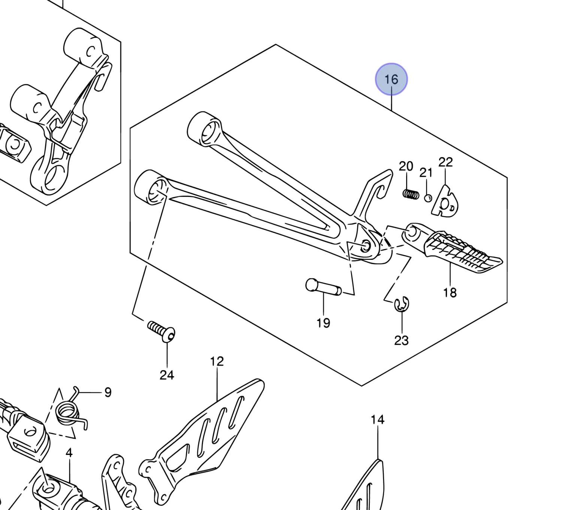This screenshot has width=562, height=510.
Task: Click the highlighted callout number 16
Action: click(391, 79)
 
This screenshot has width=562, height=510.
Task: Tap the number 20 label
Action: click(406, 166)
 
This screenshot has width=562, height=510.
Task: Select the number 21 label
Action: click(426, 173)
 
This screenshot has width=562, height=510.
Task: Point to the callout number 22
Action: click(445, 162)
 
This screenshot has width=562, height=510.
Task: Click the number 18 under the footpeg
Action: click(450, 292)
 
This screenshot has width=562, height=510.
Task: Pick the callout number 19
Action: click(323, 323)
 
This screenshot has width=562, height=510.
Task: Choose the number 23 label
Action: click(401, 340)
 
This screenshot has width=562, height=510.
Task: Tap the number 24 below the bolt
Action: click(167, 375)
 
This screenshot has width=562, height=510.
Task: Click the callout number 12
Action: click(217, 361)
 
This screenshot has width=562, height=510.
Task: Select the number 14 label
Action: click(378, 420)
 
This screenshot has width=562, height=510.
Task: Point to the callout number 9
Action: click(108, 392)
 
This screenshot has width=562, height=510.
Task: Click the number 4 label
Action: click(69, 453)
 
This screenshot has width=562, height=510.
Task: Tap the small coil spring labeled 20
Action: click(411, 194)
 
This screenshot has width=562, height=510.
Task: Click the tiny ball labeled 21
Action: click(428, 198)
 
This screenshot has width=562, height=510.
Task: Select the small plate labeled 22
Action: click(445, 203)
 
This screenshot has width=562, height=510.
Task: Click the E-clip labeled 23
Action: click(402, 304)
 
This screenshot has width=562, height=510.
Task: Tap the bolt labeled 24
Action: click(162, 331)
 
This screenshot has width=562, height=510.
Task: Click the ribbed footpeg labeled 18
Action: click(457, 249)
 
